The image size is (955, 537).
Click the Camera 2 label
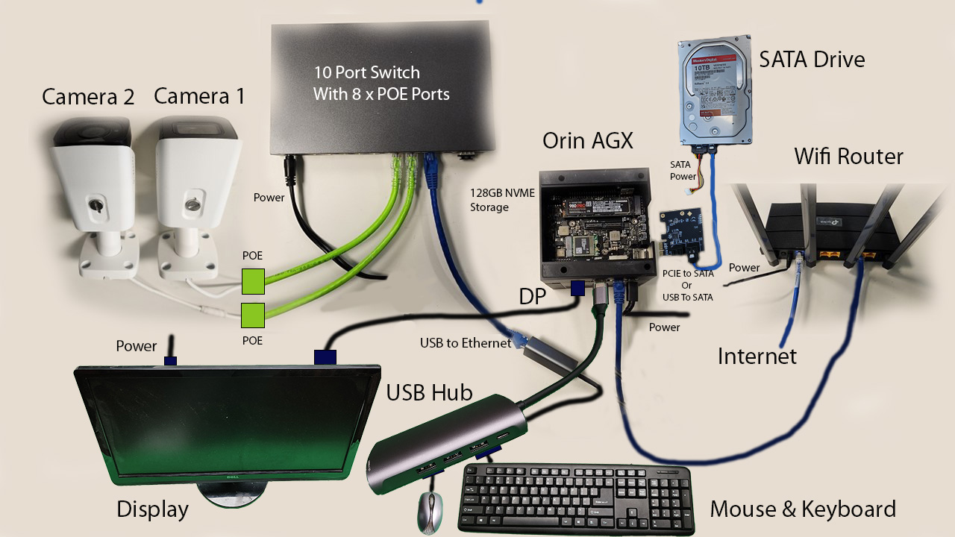coord(88,97)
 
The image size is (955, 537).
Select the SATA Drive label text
coord(812,60)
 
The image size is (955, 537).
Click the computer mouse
coord(429,512)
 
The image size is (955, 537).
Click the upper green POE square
coord(253,282)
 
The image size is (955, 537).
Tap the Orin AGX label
coord(587,141)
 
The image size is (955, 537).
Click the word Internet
coord(757,357)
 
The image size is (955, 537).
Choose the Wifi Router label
coord(848,157)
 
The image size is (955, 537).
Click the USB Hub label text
coord(429,392)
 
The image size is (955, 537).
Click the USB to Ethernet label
coord(466,343)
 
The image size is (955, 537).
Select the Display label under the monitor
coord(152,510)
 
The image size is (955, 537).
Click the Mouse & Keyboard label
coord(802,509)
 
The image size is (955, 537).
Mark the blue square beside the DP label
coord(577,289)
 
